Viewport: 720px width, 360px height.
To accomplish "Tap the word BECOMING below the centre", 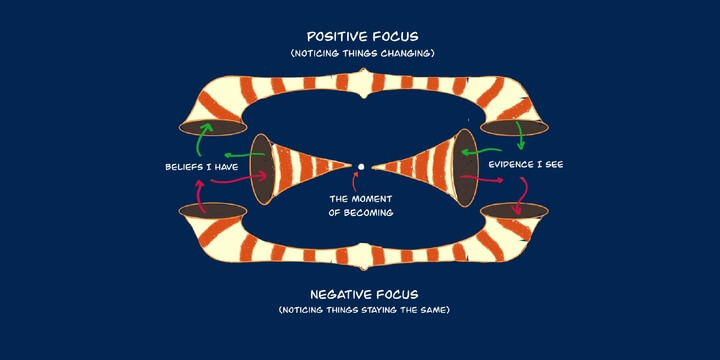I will coord(361,212).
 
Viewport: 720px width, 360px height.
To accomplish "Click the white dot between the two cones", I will coord(361,166).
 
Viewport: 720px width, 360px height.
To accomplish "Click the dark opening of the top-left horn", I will coord(213,128).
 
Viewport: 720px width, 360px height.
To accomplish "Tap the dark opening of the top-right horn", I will coord(512,128).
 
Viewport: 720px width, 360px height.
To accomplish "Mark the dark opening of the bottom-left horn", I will coord(211,211).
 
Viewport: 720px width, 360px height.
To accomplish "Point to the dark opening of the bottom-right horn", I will coord(514,210).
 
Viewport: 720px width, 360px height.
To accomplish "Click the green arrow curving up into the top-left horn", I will coord(205,136).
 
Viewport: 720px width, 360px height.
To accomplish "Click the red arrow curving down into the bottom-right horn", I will coord(519,197).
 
